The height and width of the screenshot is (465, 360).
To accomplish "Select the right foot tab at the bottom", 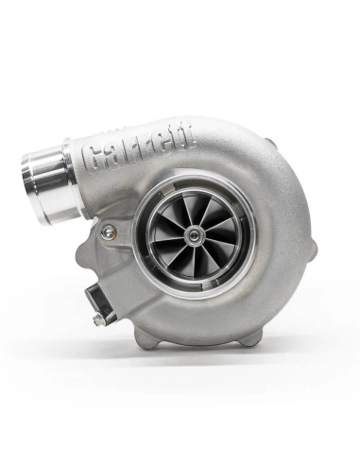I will click(260, 336).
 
